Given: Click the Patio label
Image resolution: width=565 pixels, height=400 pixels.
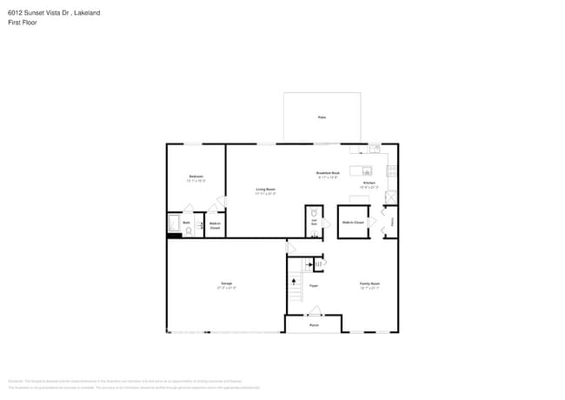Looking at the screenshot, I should coord(322,117).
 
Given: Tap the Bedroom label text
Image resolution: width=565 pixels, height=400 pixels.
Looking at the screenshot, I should coord(196,177).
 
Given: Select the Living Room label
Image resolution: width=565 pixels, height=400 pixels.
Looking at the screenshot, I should coord(265,189).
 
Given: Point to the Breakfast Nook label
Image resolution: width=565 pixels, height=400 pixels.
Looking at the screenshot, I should coord(328,173).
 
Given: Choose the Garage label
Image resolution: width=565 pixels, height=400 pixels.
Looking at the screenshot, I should coord(226,283).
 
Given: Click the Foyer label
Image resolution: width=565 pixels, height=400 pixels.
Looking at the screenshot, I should coord(313,285).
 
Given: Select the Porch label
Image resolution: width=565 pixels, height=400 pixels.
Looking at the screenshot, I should coord(314,325).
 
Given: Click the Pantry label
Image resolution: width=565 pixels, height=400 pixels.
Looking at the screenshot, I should coord(392,222).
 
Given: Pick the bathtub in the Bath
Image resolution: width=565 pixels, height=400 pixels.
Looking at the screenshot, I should coord(172,223).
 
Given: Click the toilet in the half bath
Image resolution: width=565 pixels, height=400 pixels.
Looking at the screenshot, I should coord(313,213).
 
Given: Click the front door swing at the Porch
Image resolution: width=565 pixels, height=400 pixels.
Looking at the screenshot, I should coord(315,311).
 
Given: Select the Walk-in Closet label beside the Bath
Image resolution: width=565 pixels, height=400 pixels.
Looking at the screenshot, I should coord(215,225).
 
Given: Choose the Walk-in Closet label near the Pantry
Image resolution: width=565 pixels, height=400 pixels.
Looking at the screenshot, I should coord(353,223).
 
